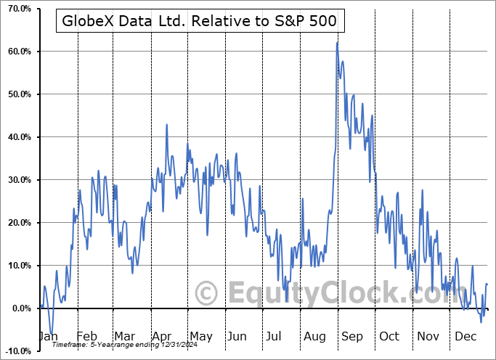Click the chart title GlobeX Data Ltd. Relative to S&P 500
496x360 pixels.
click(x=200, y=21)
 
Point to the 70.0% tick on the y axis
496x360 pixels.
click(x=17, y=9)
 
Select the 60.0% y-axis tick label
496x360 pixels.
click(x=17, y=52)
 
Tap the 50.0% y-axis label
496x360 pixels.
click(x=17, y=94)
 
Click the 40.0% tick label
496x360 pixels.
click(x=17, y=137)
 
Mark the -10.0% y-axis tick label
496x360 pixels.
click(x=15, y=351)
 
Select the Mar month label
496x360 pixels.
click(x=125, y=336)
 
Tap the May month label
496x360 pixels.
click(x=200, y=336)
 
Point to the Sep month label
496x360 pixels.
click(x=351, y=336)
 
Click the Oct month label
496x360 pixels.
click(x=389, y=336)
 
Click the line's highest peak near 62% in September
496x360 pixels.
click(x=337, y=43)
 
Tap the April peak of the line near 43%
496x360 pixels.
click(x=166, y=125)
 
